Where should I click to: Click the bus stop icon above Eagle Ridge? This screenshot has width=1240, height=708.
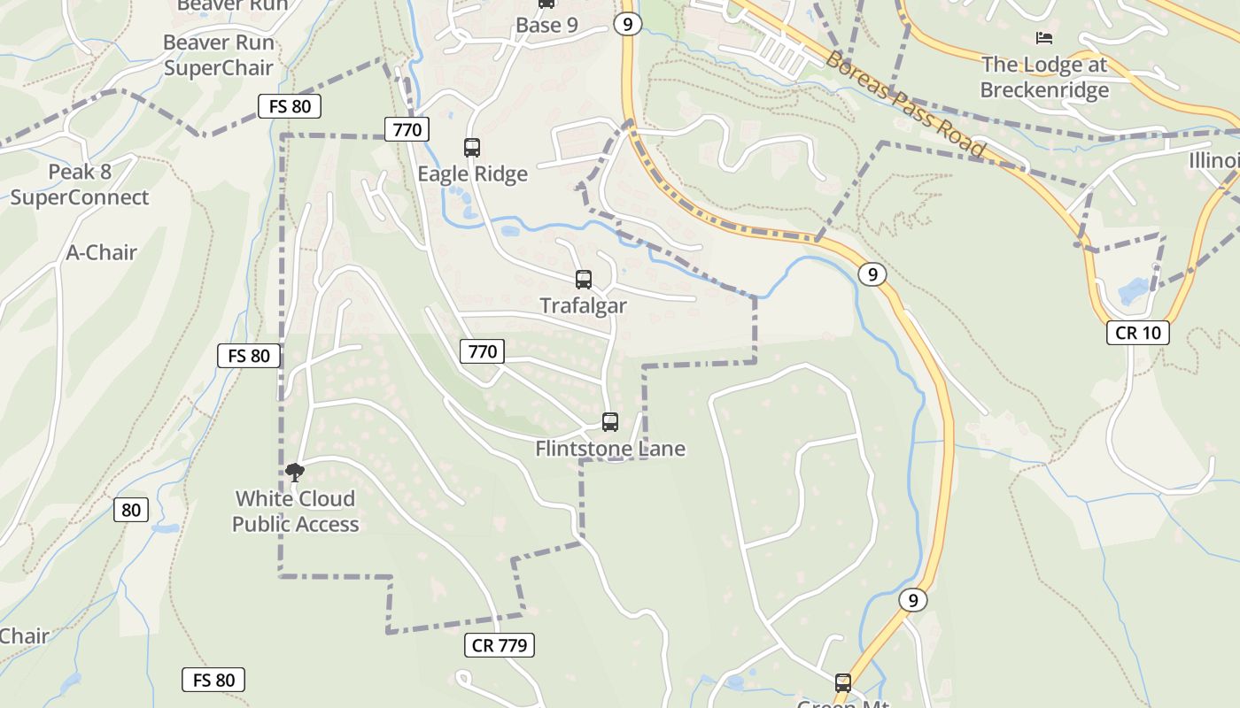pyautogui.click(x=471, y=148)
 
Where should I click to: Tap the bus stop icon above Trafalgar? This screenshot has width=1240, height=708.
pyautogui.click(x=583, y=280)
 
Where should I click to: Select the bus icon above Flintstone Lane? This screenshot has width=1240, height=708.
pyautogui.click(x=609, y=422)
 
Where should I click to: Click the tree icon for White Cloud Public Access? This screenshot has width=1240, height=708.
pyautogui.click(x=295, y=473)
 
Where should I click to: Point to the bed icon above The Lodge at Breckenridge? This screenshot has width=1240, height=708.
pyautogui.click(x=1044, y=38)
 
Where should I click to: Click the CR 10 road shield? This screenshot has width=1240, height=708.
pyautogui.click(x=1137, y=333)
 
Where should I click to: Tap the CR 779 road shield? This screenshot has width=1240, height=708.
pyautogui.click(x=500, y=645)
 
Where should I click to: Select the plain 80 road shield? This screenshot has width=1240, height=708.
pyautogui.click(x=131, y=510)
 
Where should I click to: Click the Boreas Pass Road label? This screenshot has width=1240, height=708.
pyautogui.click(x=904, y=104)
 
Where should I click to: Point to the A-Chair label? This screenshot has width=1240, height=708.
pyautogui.click(x=102, y=252)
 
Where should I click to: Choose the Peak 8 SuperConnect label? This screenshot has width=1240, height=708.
pyautogui.click(x=80, y=184)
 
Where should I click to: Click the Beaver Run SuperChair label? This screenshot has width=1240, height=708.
pyautogui.click(x=218, y=55)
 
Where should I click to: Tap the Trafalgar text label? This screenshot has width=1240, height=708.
pyautogui.click(x=583, y=306)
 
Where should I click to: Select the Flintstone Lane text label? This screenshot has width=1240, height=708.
pyautogui.click(x=610, y=449)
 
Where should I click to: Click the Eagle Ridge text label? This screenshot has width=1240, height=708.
pyautogui.click(x=472, y=174)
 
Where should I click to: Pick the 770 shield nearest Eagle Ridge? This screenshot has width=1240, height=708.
pyautogui.click(x=407, y=130)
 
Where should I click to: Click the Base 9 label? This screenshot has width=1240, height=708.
pyautogui.click(x=546, y=25)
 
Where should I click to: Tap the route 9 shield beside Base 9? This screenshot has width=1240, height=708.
pyautogui.click(x=627, y=24)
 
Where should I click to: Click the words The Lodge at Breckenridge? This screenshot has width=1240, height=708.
pyautogui.click(x=1044, y=77)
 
